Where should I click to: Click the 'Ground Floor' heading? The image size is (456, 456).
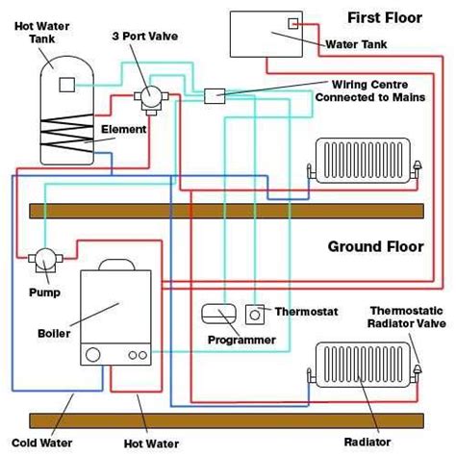[375, 246]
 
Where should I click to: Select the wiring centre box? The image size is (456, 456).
[214, 94]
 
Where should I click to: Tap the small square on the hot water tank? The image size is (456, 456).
[66, 84]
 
